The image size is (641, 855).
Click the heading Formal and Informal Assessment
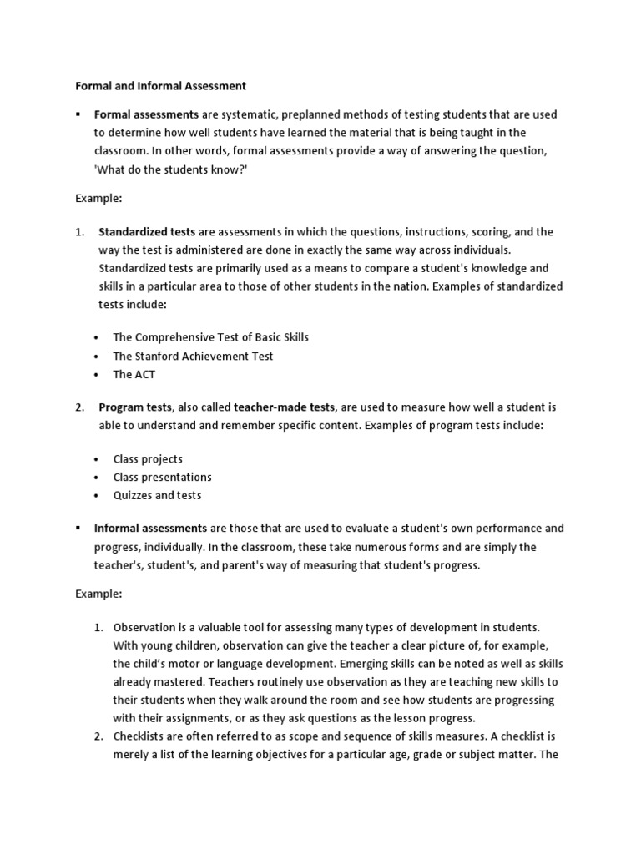click(161, 85)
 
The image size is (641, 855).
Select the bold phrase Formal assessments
click(146, 114)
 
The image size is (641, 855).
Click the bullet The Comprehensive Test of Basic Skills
click(210, 337)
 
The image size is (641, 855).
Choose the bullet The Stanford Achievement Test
click(193, 356)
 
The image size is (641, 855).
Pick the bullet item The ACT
click(134, 374)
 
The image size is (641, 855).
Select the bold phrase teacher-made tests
click(284, 407)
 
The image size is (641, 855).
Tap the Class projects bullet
click(148, 459)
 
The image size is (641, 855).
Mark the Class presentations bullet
click(162, 478)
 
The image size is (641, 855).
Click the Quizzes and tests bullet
click(157, 496)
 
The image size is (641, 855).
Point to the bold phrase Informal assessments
click(150, 529)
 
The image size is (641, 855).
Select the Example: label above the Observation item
click(98, 594)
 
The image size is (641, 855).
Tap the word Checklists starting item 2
click(139, 736)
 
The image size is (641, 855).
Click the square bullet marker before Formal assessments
click(78, 114)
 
